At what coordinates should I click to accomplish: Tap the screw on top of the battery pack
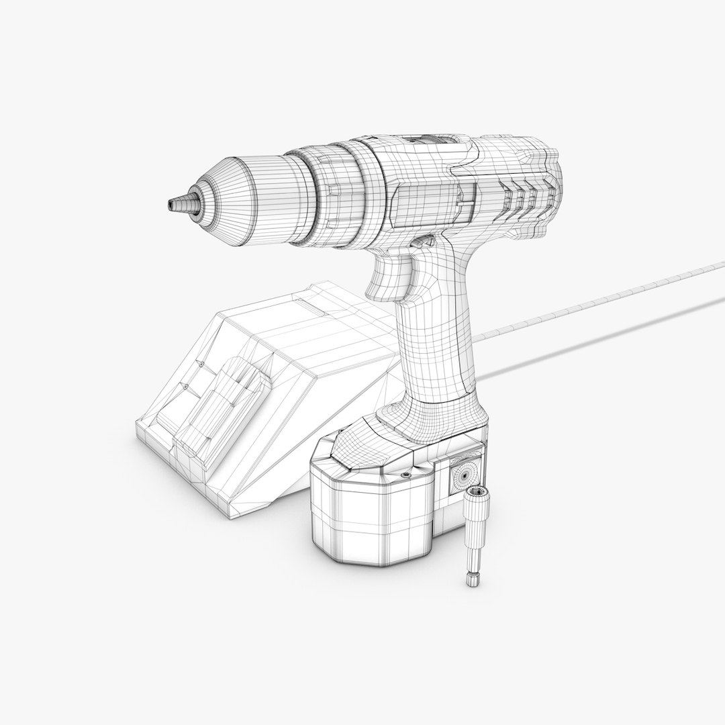click(x=405, y=475)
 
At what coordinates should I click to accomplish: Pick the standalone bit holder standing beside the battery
click(x=475, y=530)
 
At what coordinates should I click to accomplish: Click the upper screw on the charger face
click(x=201, y=362)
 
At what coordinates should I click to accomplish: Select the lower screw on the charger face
click(x=184, y=387)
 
